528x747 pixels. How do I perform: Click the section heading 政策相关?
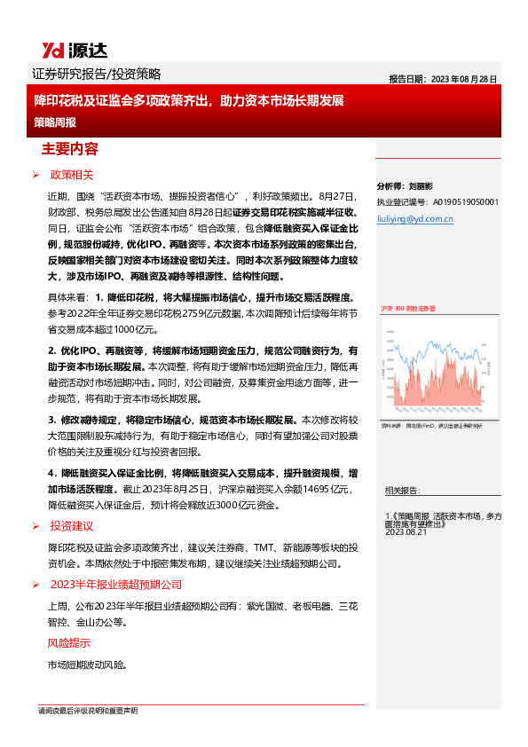[x=72, y=175]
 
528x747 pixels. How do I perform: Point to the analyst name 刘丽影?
[x=420, y=186]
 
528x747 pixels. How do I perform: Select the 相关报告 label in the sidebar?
[x=405, y=490]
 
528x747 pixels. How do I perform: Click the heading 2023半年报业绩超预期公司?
[x=115, y=585]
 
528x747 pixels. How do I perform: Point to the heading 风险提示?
[x=68, y=642]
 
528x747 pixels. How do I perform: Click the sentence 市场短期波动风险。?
[x=87, y=664]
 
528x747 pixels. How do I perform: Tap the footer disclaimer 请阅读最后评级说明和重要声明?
[x=88, y=712]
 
